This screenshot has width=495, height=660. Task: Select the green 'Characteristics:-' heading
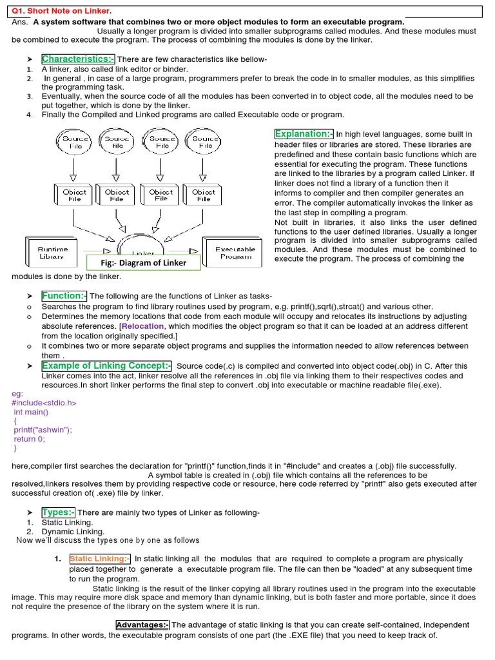(x=78, y=59)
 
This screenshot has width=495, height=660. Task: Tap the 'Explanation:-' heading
(x=304, y=134)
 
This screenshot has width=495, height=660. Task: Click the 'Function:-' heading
(x=64, y=296)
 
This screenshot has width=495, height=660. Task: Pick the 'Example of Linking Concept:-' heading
(x=106, y=365)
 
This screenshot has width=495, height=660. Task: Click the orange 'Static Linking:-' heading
(x=100, y=559)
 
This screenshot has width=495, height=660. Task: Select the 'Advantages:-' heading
(x=142, y=625)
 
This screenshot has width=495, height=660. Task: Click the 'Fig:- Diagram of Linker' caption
(x=144, y=262)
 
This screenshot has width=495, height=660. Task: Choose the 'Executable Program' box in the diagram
(x=235, y=252)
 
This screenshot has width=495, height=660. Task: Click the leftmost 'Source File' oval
(x=75, y=142)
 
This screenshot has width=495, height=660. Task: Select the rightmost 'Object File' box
(x=204, y=195)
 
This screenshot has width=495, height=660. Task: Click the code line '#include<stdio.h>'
(x=44, y=403)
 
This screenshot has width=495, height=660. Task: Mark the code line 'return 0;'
(x=30, y=439)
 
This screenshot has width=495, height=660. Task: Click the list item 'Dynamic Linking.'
(x=73, y=532)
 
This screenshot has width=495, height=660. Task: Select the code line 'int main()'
(x=31, y=412)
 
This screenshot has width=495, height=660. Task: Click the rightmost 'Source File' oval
(x=206, y=142)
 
